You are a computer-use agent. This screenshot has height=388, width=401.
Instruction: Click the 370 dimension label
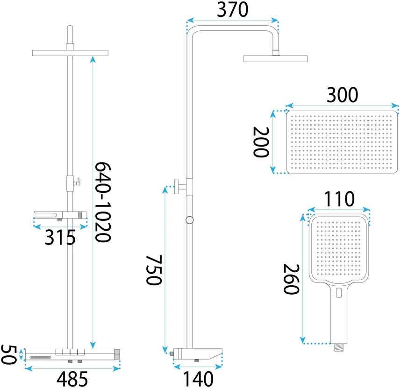232,10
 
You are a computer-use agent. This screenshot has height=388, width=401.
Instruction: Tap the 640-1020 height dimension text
103,202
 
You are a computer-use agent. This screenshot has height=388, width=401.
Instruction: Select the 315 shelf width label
60,237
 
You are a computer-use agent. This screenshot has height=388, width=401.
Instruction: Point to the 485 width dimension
72,379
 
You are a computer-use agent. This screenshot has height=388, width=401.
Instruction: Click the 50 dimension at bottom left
9,354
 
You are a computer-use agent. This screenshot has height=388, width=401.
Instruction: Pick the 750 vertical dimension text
154,270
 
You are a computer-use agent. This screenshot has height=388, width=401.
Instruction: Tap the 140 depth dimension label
198,379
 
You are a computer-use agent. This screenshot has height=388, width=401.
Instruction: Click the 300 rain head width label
342,95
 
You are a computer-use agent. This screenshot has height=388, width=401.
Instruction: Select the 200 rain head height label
261,142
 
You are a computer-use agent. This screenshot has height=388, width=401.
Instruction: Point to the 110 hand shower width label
339,199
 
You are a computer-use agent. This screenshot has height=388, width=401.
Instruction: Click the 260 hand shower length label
291,279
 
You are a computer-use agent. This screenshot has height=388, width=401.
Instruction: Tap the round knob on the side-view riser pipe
189,220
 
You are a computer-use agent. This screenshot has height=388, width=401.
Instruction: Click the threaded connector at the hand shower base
339,347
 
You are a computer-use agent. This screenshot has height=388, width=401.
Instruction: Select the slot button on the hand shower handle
339,293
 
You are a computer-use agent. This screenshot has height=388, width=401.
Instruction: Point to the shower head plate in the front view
70,53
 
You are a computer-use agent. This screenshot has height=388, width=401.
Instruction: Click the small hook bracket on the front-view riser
77,182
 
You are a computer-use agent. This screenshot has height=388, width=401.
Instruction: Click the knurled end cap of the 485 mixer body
117,354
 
